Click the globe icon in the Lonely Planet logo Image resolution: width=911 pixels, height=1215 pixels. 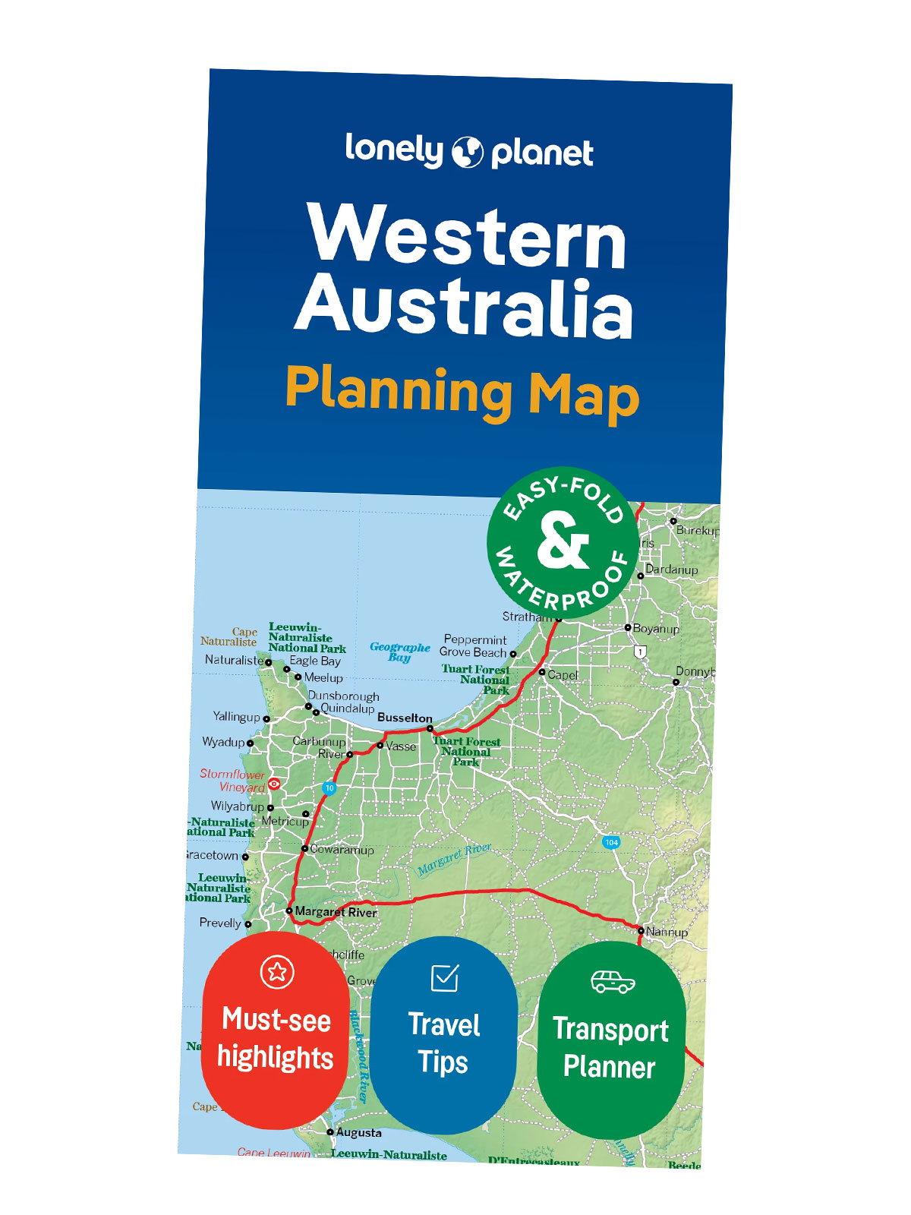point(468,152)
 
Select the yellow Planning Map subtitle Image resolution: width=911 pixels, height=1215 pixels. point(462,393)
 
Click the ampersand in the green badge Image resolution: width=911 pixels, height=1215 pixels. point(563,541)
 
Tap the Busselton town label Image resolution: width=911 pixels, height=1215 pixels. point(405,718)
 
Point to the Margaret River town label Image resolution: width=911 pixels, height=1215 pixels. point(336,912)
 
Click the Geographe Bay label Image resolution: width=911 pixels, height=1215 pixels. point(399,652)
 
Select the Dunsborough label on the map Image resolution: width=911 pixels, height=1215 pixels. point(343,696)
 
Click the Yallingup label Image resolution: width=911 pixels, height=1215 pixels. point(236,716)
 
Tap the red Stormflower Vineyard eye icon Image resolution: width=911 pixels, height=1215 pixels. point(274,784)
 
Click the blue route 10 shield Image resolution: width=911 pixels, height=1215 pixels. point(329,788)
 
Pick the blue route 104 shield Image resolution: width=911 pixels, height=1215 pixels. point(611,842)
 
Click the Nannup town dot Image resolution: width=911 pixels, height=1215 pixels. point(641,930)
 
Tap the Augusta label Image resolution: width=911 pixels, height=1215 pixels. point(358,1132)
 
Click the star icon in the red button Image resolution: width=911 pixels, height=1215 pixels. point(276,971)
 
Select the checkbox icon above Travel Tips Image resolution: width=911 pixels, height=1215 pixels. point(444,977)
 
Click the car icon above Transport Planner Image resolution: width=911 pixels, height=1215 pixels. point(613,981)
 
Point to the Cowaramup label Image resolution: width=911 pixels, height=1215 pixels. point(342,850)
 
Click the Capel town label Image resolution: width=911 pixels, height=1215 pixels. point(563,674)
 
